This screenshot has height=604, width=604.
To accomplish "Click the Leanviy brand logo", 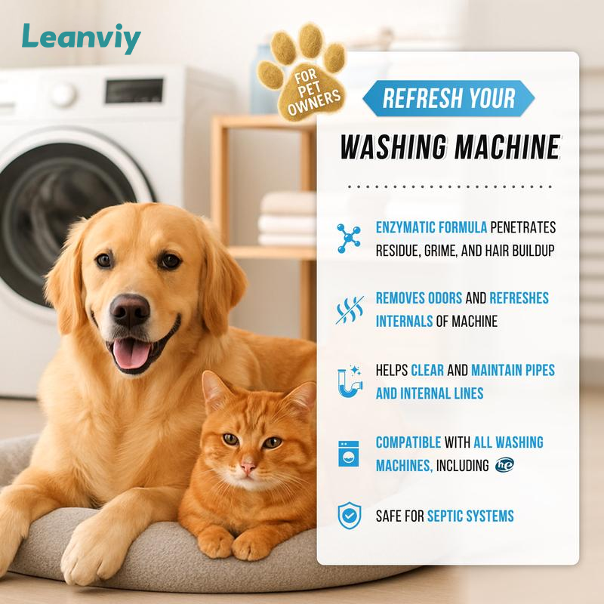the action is pos(82,39).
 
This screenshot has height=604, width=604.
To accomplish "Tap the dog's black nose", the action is pos(129,310).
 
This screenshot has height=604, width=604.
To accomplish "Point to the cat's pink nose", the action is pos(248,467).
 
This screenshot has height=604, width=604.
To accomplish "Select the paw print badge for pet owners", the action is pos(303,72).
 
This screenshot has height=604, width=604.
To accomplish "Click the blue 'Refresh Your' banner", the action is pos(448,98).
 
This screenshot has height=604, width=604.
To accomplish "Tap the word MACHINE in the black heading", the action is pos(507,147).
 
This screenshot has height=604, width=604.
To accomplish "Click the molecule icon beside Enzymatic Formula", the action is pos(349,238).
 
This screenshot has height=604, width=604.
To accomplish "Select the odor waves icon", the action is pos(350,310).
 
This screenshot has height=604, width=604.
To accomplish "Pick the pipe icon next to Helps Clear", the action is pos(350,381).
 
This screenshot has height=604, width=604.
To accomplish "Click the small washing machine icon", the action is pos(349,454).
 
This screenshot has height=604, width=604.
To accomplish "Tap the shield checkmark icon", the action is pos(350,516).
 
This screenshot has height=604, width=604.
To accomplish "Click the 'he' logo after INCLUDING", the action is pos(504,465).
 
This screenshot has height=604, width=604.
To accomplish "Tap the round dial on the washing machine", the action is pos(63,94).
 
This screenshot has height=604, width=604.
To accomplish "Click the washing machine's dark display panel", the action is pos(134,91).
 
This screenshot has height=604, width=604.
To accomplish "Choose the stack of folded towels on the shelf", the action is pos(288,218).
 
